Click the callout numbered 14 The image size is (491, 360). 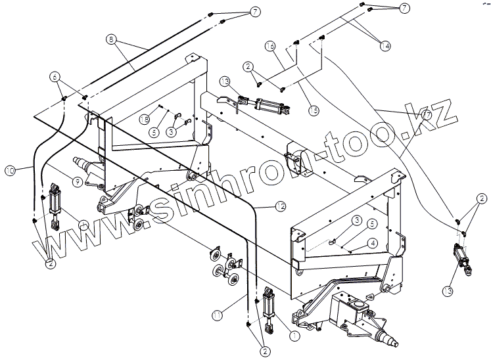click(x=385, y=45)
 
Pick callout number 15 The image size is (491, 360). click(x=313, y=111)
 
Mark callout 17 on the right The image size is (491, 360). click(x=427, y=114)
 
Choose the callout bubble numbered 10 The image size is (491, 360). click(x=10, y=171)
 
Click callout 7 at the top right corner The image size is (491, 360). click(x=404, y=7)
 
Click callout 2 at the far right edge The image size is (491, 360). click(x=482, y=198)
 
